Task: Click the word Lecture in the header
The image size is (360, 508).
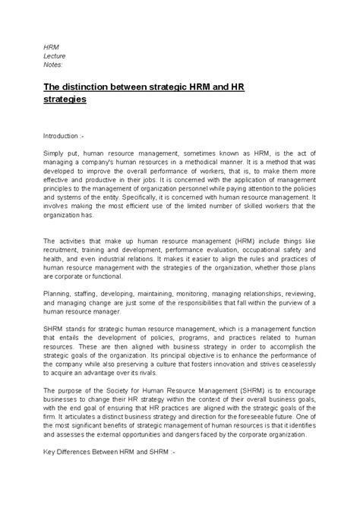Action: tap(54, 55)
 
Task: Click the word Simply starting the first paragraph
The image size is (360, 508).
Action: tap(54, 152)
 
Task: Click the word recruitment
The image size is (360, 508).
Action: tap(65, 251)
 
